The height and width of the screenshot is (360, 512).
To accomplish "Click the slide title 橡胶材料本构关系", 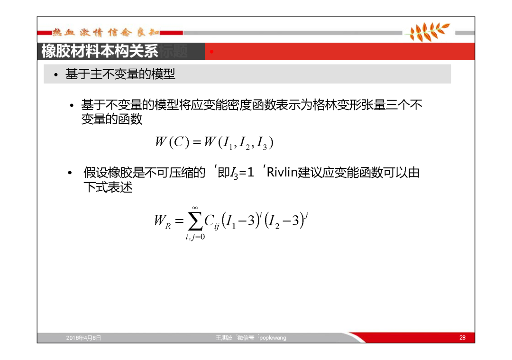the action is [x=100, y=51].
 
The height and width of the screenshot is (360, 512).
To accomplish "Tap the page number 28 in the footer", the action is [x=462, y=337].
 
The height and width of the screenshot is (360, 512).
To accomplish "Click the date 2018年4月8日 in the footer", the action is [x=83, y=338].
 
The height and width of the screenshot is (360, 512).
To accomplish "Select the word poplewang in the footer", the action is [x=273, y=338].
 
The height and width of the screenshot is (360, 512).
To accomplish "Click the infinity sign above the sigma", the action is [x=195, y=208].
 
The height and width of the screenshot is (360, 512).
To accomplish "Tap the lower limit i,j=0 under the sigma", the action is [x=195, y=237].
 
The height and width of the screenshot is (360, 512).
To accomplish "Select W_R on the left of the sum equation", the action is [x=162, y=221].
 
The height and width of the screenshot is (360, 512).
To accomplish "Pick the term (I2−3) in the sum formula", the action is [x=285, y=221].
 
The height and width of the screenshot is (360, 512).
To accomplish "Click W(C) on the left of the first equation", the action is [x=172, y=142].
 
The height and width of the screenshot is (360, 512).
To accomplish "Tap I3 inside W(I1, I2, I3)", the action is [x=262, y=143].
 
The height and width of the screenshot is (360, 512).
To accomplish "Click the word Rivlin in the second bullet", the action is [x=282, y=172].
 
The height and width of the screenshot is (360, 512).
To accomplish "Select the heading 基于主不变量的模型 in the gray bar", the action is [x=120, y=74].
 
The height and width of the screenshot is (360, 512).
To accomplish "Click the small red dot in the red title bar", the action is [x=211, y=52].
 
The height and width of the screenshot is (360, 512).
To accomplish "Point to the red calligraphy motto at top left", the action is [x=106, y=32].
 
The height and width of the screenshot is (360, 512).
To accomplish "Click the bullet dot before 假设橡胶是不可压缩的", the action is [x=70, y=173].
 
